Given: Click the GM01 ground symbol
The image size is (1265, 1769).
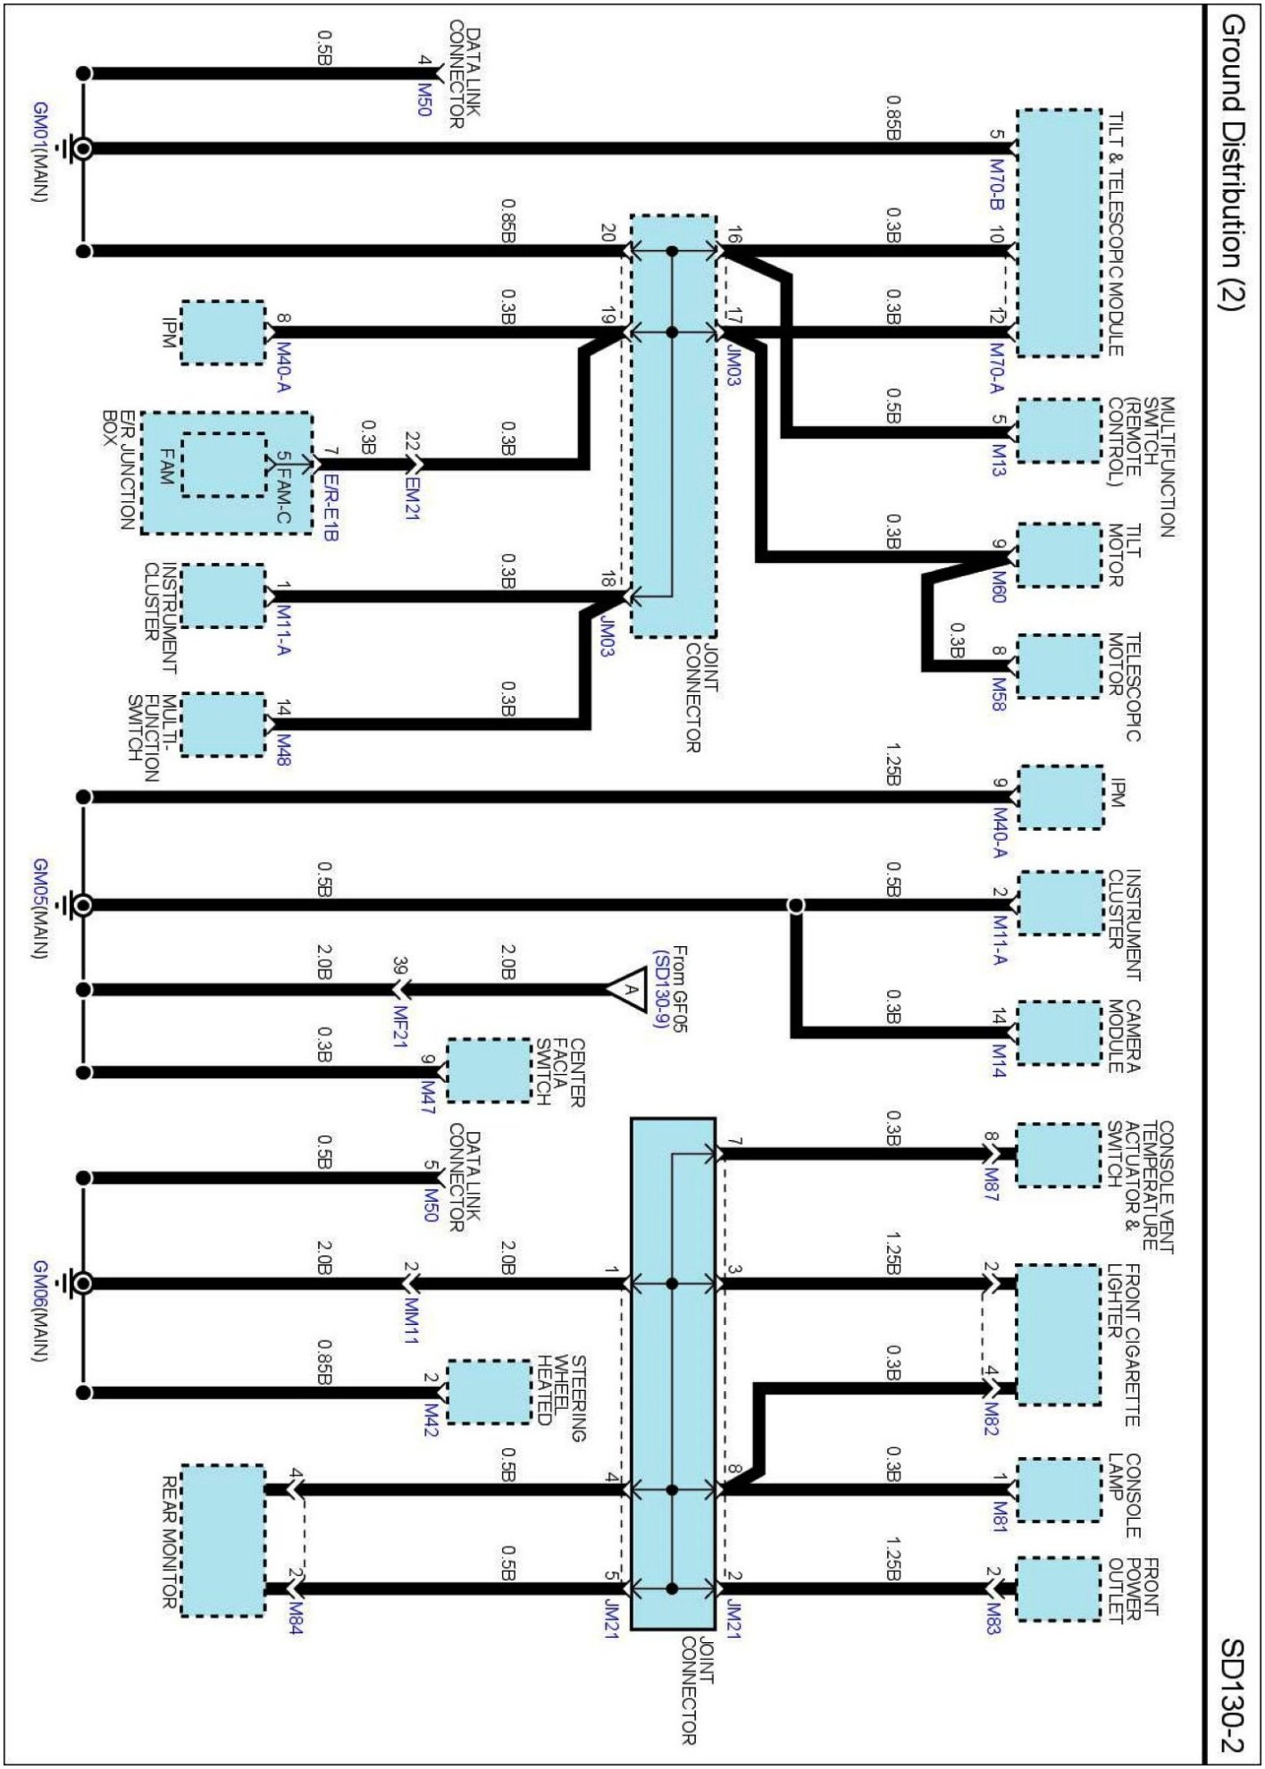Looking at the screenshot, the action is pos(81,149).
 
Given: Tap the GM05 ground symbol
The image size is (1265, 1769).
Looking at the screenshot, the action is pos(81,905).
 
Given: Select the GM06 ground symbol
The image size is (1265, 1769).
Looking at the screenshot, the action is pos(81,1284).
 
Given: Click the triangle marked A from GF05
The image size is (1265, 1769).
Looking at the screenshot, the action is pos(627,989).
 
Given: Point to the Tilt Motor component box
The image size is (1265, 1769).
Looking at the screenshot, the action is pos(1059,555).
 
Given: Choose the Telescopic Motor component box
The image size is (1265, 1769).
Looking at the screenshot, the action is pos(1059,667).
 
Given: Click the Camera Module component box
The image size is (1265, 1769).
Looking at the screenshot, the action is pos(1059,1033).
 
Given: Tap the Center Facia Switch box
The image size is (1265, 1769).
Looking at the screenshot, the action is pos(489,1070).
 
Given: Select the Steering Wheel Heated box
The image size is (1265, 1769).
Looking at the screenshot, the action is pos(489,1391).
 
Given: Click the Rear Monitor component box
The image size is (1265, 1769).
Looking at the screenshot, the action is pos(223,1540).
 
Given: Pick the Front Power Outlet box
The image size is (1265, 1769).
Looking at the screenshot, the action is pos(1059,1589).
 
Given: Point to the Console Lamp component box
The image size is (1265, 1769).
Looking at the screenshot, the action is pos(1059,1489).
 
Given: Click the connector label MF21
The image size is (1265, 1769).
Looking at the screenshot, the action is pos(401,1027).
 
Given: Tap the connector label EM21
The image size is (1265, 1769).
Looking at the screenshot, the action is pos(412,499).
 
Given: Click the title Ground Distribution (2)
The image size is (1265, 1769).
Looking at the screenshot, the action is pos(1234,161).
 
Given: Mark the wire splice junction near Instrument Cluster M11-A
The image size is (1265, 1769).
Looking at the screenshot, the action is pos(795,905).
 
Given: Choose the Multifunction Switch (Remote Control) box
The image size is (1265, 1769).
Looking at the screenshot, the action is pos(1059,432).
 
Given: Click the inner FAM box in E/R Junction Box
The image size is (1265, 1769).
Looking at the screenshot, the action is pos(223,465).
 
